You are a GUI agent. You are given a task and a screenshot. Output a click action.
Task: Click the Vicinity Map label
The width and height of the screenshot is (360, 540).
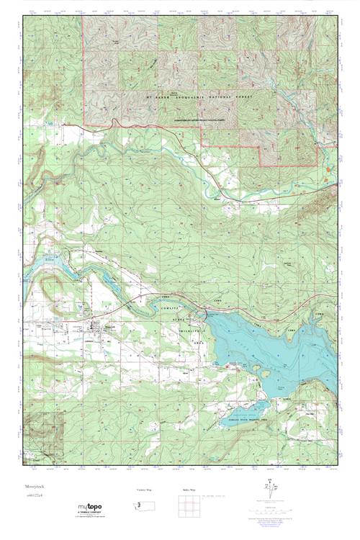coord(145,491)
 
